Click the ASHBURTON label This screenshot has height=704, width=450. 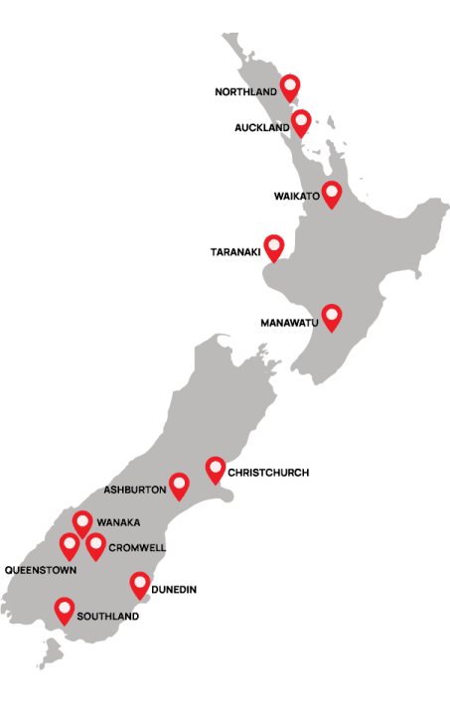(134, 490)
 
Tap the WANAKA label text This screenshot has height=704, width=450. (118, 522)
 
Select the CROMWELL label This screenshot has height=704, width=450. (137, 547)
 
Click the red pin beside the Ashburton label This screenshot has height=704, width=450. (179, 485)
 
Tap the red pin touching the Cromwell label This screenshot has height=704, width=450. (95, 545)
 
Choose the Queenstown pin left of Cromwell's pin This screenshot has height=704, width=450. (70, 545)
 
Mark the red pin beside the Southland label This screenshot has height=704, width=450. (65, 609)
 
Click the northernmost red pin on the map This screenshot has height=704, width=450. (290, 86)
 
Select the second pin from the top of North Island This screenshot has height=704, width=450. (301, 121)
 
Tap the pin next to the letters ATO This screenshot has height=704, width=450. (331, 194)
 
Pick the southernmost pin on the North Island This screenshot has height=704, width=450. (331, 316)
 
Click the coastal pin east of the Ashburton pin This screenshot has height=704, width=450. (216, 469)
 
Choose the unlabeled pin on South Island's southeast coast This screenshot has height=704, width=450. (139, 584)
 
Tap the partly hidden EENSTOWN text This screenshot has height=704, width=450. (46, 570)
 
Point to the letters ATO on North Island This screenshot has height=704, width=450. (311, 197)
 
